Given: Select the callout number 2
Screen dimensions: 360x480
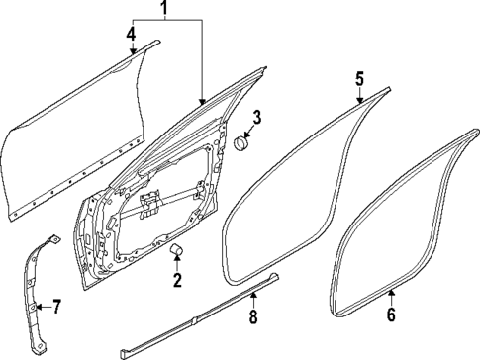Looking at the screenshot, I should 178,280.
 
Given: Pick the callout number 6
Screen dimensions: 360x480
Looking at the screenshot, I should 391,315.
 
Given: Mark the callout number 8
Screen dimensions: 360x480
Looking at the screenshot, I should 253,317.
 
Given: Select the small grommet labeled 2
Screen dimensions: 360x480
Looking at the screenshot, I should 179,249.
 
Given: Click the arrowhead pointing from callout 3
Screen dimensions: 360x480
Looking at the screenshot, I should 247,136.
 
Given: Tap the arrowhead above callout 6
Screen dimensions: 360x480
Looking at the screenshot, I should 391,294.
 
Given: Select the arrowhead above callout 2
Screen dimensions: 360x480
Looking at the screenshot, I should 178,259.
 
